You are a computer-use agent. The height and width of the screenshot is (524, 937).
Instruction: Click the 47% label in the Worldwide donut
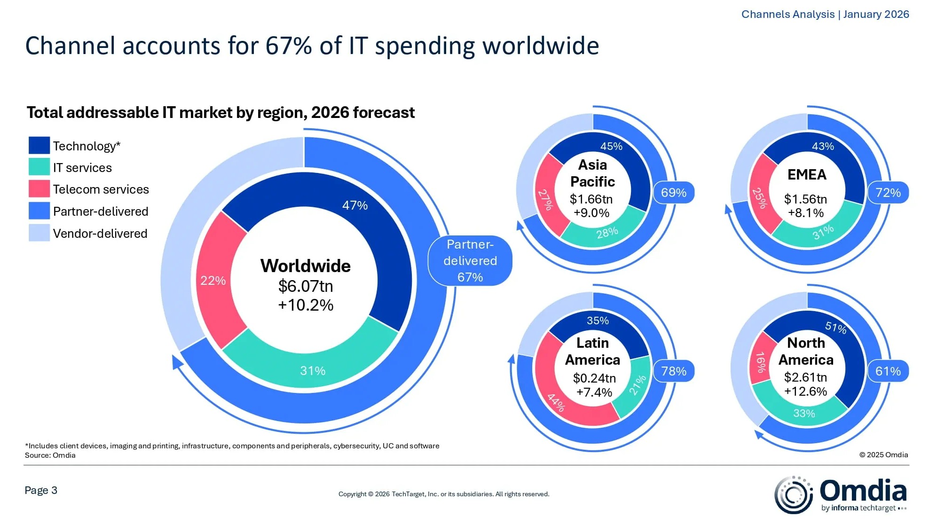pyautogui.click(x=354, y=205)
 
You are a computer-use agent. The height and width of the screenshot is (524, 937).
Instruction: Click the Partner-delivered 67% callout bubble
pyautogui.click(x=470, y=261)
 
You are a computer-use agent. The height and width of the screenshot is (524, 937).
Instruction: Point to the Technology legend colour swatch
pyautogui.click(x=39, y=146)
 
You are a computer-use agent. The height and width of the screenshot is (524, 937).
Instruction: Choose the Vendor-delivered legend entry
pyautogui.click(x=100, y=234)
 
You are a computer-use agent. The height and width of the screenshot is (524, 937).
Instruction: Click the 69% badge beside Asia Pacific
pyautogui.click(x=674, y=193)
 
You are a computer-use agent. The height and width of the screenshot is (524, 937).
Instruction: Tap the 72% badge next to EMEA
pyautogui.click(x=888, y=193)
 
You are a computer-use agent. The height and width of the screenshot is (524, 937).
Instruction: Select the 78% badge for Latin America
pyautogui.click(x=674, y=371)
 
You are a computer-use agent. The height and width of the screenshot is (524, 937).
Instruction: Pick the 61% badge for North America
pyautogui.click(x=888, y=371)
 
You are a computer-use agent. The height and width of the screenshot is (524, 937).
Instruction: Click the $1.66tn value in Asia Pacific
pyautogui.click(x=591, y=199)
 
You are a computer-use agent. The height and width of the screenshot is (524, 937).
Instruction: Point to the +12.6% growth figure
pyautogui.click(x=805, y=391)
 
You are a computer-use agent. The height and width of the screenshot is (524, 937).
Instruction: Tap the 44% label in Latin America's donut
pyautogui.click(x=556, y=402)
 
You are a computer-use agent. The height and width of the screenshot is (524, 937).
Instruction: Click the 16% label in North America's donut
pyautogui.click(x=760, y=362)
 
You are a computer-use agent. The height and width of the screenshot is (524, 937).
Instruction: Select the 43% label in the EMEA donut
pyautogui.click(x=823, y=147)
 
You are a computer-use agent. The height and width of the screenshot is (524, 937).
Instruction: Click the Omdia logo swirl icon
pyautogui.click(x=794, y=494)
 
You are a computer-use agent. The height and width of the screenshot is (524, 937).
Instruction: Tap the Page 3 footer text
pyautogui.click(x=41, y=491)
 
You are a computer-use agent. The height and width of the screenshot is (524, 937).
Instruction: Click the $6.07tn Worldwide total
pyautogui.click(x=306, y=286)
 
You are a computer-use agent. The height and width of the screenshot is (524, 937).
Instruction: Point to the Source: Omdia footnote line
pyautogui.click(x=50, y=455)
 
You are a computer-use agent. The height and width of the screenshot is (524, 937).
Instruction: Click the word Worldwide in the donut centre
pyautogui.click(x=306, y=266)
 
